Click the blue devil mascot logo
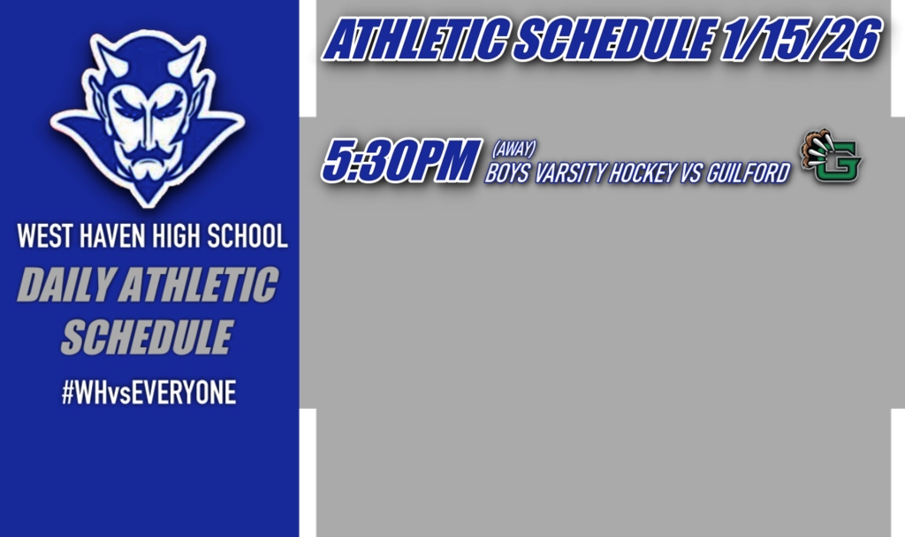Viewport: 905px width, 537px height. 148,115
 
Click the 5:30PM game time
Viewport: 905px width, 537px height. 400,161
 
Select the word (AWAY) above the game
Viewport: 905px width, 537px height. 513,148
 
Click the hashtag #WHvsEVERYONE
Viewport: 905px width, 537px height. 148,392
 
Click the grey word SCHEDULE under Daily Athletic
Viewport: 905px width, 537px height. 148,337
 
